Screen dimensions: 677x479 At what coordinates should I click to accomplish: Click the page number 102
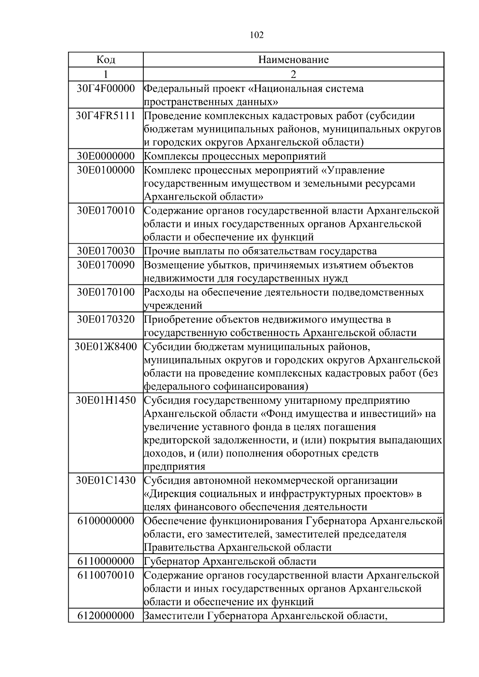coord(256,35)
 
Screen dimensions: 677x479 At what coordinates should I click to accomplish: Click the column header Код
coord(106,60)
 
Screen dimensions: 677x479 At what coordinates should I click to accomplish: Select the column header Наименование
coord(293,60)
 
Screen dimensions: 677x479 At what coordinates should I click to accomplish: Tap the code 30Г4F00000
coord(106,88)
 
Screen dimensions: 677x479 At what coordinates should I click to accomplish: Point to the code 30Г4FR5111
coord(106,116)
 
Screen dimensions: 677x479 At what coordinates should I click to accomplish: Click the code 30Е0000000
coord(106,156)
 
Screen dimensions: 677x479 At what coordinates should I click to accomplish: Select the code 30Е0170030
coord(106,251)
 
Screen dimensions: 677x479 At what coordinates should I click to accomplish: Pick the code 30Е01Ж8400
coord(106,346)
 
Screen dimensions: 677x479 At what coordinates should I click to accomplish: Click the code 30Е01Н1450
coord(106,400)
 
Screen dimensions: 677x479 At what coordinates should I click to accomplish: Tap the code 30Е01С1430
coord(106,480)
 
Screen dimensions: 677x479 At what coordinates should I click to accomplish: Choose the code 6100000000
coord(106,521)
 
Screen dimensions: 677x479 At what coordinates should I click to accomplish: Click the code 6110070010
coord(106,575)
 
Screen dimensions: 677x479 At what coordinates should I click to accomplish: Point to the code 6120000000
coord(106,616)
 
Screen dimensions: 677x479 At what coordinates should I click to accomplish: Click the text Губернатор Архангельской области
coord(230,562)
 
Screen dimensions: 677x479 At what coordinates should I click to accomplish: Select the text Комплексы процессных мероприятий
coord(235,156)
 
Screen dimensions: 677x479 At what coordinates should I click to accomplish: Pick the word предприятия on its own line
coord(174,467)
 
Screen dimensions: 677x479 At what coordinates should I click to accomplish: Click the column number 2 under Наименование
coord(293,74)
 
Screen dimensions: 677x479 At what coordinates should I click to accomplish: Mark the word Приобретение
coord(178,320)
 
